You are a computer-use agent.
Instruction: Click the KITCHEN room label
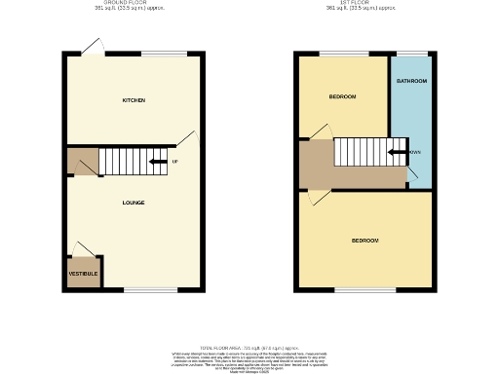[x=134, y=101]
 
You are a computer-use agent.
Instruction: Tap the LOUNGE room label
[x=134, y=203]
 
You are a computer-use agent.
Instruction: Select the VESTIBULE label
[x=83, y=275]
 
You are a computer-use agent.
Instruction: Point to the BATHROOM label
[x=411, y=81]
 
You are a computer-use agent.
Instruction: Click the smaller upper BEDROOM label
[x=342, y=96]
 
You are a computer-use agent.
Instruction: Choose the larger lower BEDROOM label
[x=365, y=240]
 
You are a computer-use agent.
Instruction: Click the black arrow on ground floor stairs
[x=156, y=161]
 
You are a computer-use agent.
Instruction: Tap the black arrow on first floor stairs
[x=397, y=152]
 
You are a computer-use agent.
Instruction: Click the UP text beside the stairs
[x=174, y=161]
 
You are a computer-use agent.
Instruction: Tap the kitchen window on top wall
[x=156, y=54]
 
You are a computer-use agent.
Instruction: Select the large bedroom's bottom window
[x=365, y=289]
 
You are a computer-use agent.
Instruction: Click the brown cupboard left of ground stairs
[x=82, y=163]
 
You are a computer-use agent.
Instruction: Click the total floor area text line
[x=249, y=348]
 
